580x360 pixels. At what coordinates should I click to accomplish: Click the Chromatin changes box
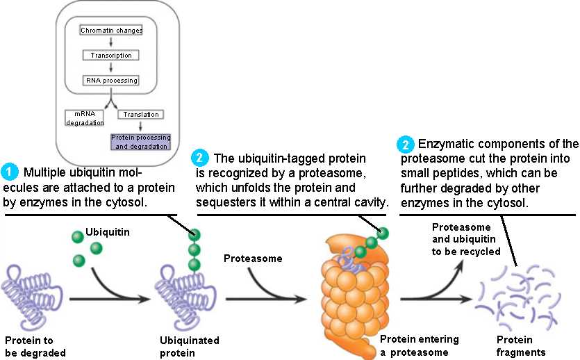pos(111,31)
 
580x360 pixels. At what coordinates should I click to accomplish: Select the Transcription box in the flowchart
pos(111,55)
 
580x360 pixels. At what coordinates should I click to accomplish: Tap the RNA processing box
pos(111,80)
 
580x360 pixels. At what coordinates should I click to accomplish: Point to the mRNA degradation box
pos(85,118)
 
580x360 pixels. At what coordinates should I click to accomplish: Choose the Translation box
pos(141,114)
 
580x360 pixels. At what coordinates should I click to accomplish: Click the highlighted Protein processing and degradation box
pos(140,142)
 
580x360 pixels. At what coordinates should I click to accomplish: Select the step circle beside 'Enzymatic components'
pos(404,145)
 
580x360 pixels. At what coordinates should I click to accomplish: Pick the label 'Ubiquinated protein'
pos(189,346)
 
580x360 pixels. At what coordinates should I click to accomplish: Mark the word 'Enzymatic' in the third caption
pos(448,145)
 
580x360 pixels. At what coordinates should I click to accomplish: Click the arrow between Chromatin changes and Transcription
pos(111,42)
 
